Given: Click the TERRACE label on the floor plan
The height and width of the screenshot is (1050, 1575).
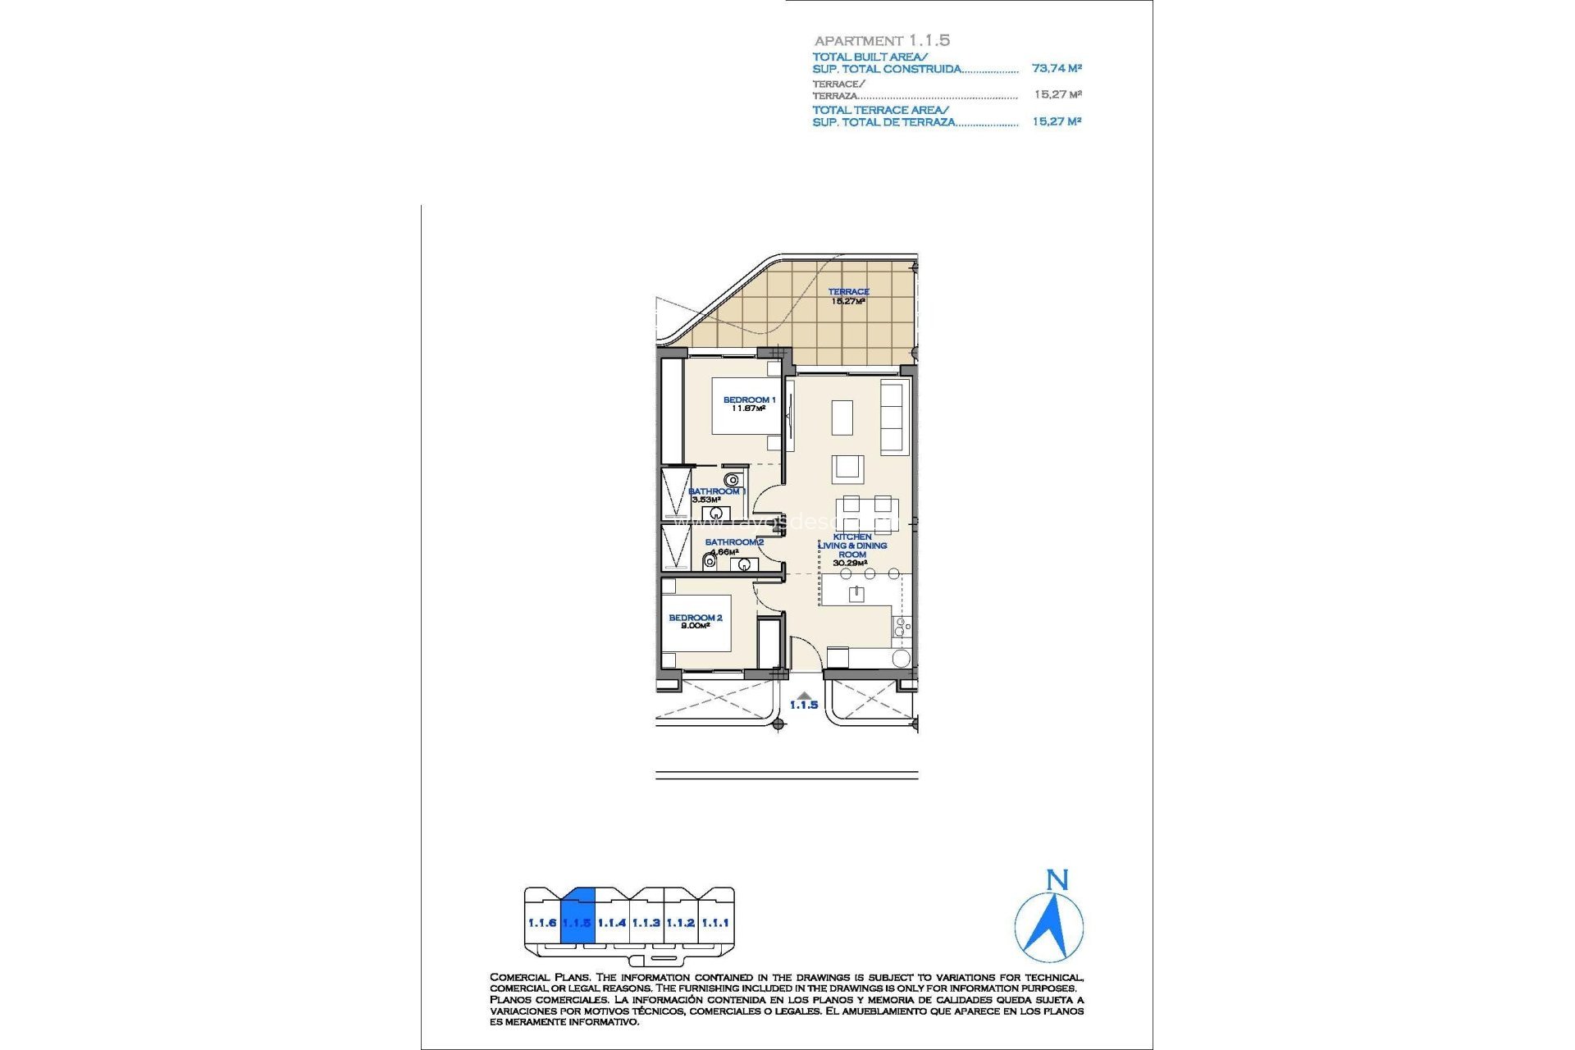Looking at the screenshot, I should pos(848,291).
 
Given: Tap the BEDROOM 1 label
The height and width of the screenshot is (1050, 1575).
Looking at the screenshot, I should pos(748,399).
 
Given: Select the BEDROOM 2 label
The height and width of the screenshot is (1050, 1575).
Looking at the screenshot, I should pos(695,618).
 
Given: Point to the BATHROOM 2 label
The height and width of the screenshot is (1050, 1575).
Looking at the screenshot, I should pos(734,542).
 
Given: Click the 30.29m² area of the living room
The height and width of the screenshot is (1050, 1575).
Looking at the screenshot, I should pos(850,564).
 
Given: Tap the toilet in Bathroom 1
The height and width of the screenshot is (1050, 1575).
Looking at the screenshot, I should pos(732,480).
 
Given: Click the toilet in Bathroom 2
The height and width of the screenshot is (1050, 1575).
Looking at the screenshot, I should pos(710,563).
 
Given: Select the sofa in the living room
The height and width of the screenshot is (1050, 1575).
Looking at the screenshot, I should pos(892,416).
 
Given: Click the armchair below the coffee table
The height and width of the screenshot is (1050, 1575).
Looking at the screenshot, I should pos(847,469).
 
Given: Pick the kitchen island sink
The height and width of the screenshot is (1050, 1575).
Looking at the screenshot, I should pos(856,593).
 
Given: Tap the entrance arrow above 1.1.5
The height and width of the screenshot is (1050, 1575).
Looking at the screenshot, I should pos(804,695).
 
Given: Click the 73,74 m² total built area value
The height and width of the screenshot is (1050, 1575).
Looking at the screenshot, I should pos(1057,68).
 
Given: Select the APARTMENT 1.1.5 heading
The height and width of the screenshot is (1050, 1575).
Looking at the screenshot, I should pos(882,40).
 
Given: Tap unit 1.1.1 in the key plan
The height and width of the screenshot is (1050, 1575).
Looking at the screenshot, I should pos(715,922).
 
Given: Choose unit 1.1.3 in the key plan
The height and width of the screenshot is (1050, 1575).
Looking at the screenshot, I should pos(646,922).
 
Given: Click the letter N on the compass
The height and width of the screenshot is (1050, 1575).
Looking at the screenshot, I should pos(1057,880).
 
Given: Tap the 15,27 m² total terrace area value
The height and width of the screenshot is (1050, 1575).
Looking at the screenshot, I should pos(1057,121).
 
